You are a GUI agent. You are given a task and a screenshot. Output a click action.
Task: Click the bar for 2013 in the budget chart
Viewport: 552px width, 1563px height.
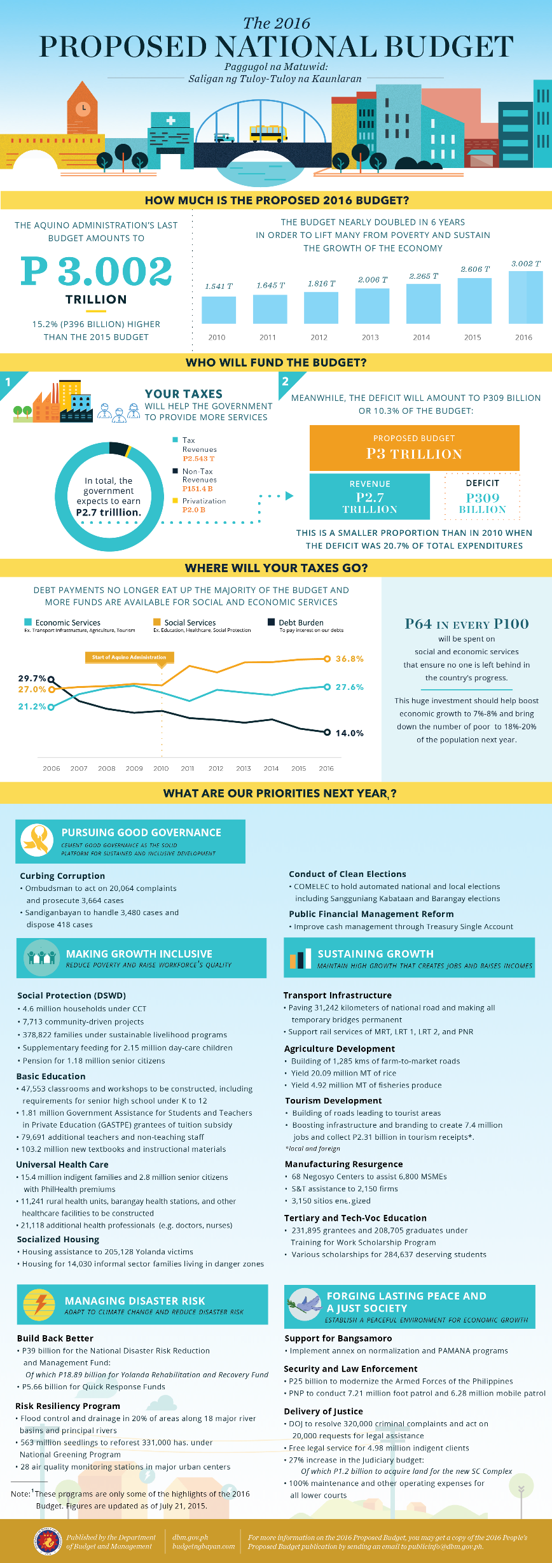point(372,306)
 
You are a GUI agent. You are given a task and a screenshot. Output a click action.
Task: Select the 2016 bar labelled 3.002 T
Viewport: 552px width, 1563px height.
point(526,297)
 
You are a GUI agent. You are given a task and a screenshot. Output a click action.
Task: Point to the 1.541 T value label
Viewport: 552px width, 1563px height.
point(219,286)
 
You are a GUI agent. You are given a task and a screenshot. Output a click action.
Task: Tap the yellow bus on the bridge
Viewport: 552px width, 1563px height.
point(268,134)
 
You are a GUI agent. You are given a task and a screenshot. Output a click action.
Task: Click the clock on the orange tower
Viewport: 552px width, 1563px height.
point(83,108)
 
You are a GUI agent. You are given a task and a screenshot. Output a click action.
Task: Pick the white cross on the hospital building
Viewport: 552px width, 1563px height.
point(170,120)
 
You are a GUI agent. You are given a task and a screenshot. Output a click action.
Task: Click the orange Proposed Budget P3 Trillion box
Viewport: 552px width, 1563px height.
point(414,448)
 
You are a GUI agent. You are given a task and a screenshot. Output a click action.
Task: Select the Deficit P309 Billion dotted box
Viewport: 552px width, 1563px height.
point(482,496)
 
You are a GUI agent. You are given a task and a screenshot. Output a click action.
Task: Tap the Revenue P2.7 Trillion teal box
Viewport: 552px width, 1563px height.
point(369,496)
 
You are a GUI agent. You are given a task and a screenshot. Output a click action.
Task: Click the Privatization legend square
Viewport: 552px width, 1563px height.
point(176,501)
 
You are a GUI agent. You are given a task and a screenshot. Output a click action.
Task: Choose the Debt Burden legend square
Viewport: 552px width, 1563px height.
point(272,622)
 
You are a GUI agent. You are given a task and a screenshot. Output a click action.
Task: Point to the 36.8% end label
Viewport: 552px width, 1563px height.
point(349,659)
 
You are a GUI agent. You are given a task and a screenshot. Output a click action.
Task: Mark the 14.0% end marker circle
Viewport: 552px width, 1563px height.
point(328,732)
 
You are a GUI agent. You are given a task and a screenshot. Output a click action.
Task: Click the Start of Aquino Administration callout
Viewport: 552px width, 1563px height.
point(129,657)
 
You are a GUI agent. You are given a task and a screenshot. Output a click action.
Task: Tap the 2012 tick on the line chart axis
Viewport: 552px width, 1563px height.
point(216,768)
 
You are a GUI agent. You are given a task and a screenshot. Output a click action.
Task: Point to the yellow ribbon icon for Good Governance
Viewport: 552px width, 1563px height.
point(37,840)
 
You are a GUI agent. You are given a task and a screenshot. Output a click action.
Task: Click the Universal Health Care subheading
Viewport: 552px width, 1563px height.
point(62,1165)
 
